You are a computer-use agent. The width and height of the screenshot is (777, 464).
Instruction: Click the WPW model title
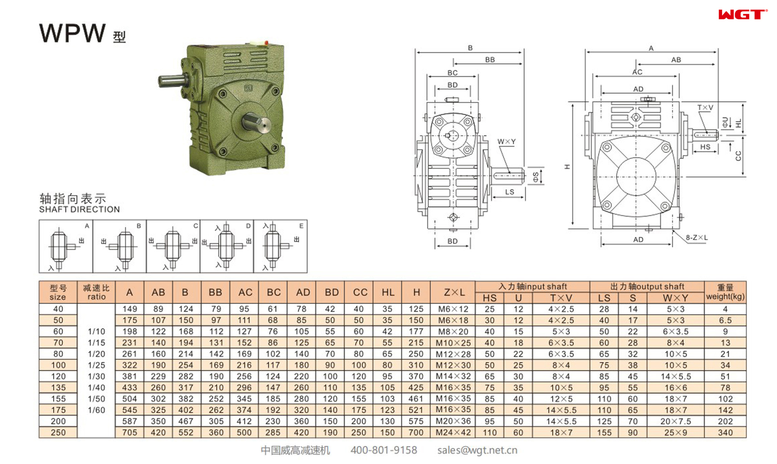tap(73, 33)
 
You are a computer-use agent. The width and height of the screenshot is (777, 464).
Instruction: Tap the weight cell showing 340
tap(725, 432)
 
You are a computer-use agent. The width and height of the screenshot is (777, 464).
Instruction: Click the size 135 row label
tap(58, 387)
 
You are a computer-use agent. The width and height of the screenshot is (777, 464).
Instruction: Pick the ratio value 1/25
tap(96, 365)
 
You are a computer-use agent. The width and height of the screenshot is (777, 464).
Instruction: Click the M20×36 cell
tap(453, 421)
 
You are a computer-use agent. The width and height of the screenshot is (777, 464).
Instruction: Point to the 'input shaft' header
tap(533, 286)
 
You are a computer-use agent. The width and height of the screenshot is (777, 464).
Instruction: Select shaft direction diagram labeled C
tap(173, 246)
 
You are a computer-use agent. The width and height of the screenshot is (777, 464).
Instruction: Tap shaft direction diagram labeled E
tap(280, 246)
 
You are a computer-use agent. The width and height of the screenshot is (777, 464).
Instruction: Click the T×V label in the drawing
tap(705, 108)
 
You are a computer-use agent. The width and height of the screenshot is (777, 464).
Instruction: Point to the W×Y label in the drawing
tap(506, 141)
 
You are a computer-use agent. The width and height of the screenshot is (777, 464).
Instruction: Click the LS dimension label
tap(509, 192)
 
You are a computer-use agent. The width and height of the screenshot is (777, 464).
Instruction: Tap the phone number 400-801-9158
tap(383, 450)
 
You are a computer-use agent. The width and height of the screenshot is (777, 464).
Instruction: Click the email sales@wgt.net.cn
tap(477, 450)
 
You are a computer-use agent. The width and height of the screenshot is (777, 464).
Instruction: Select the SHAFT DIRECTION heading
tap(79, 209)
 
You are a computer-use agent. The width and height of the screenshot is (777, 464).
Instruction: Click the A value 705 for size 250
tap(130, 432)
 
